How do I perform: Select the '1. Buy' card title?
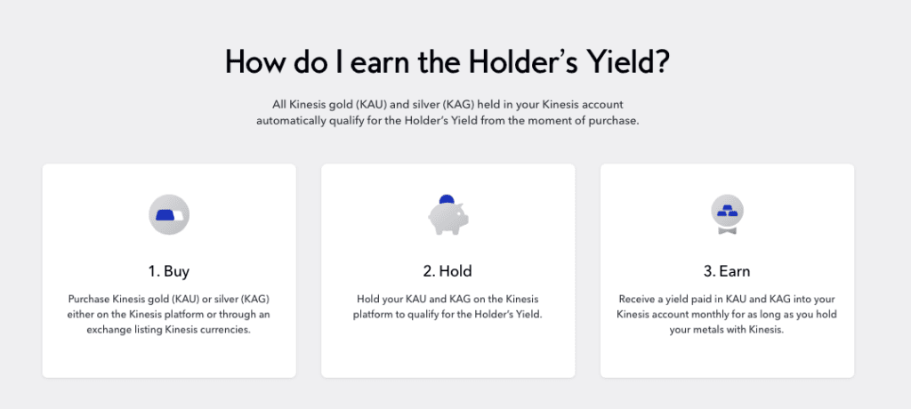pyautogui.click(x=168, y=271)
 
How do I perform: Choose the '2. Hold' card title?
pyautogui.click(x=447, y=271)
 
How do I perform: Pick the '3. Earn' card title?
pyautogui.click(x=727, y=271)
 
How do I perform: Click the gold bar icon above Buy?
pyautogui.click(x=169, y=214)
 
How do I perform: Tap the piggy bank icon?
pyautogui.click(x=448, y=215)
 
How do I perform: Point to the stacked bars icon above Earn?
pyautogui.click(x=728, y=214)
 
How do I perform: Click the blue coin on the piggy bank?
pyautogui.click(x=447, y=199)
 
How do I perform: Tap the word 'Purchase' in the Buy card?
pyautogui.click(x=88, y=300)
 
